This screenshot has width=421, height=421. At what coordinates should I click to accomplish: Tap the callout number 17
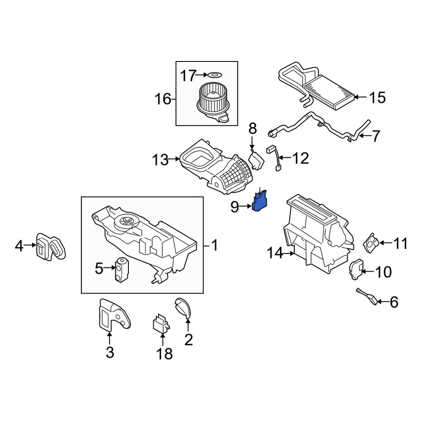coord(188,76)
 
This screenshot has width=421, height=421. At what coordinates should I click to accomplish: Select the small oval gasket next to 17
coord(214,76)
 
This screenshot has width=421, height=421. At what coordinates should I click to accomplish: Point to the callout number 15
coord(377,98)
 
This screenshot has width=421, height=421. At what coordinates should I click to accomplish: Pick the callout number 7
coord(375,136)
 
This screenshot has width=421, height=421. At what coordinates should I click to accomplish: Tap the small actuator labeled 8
coord(256,160)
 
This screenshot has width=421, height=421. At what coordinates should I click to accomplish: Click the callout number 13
coord(160,160)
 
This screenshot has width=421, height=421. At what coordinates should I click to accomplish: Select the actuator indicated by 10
coord(356,269)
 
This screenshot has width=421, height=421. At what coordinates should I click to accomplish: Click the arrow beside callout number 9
coord(246,206)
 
